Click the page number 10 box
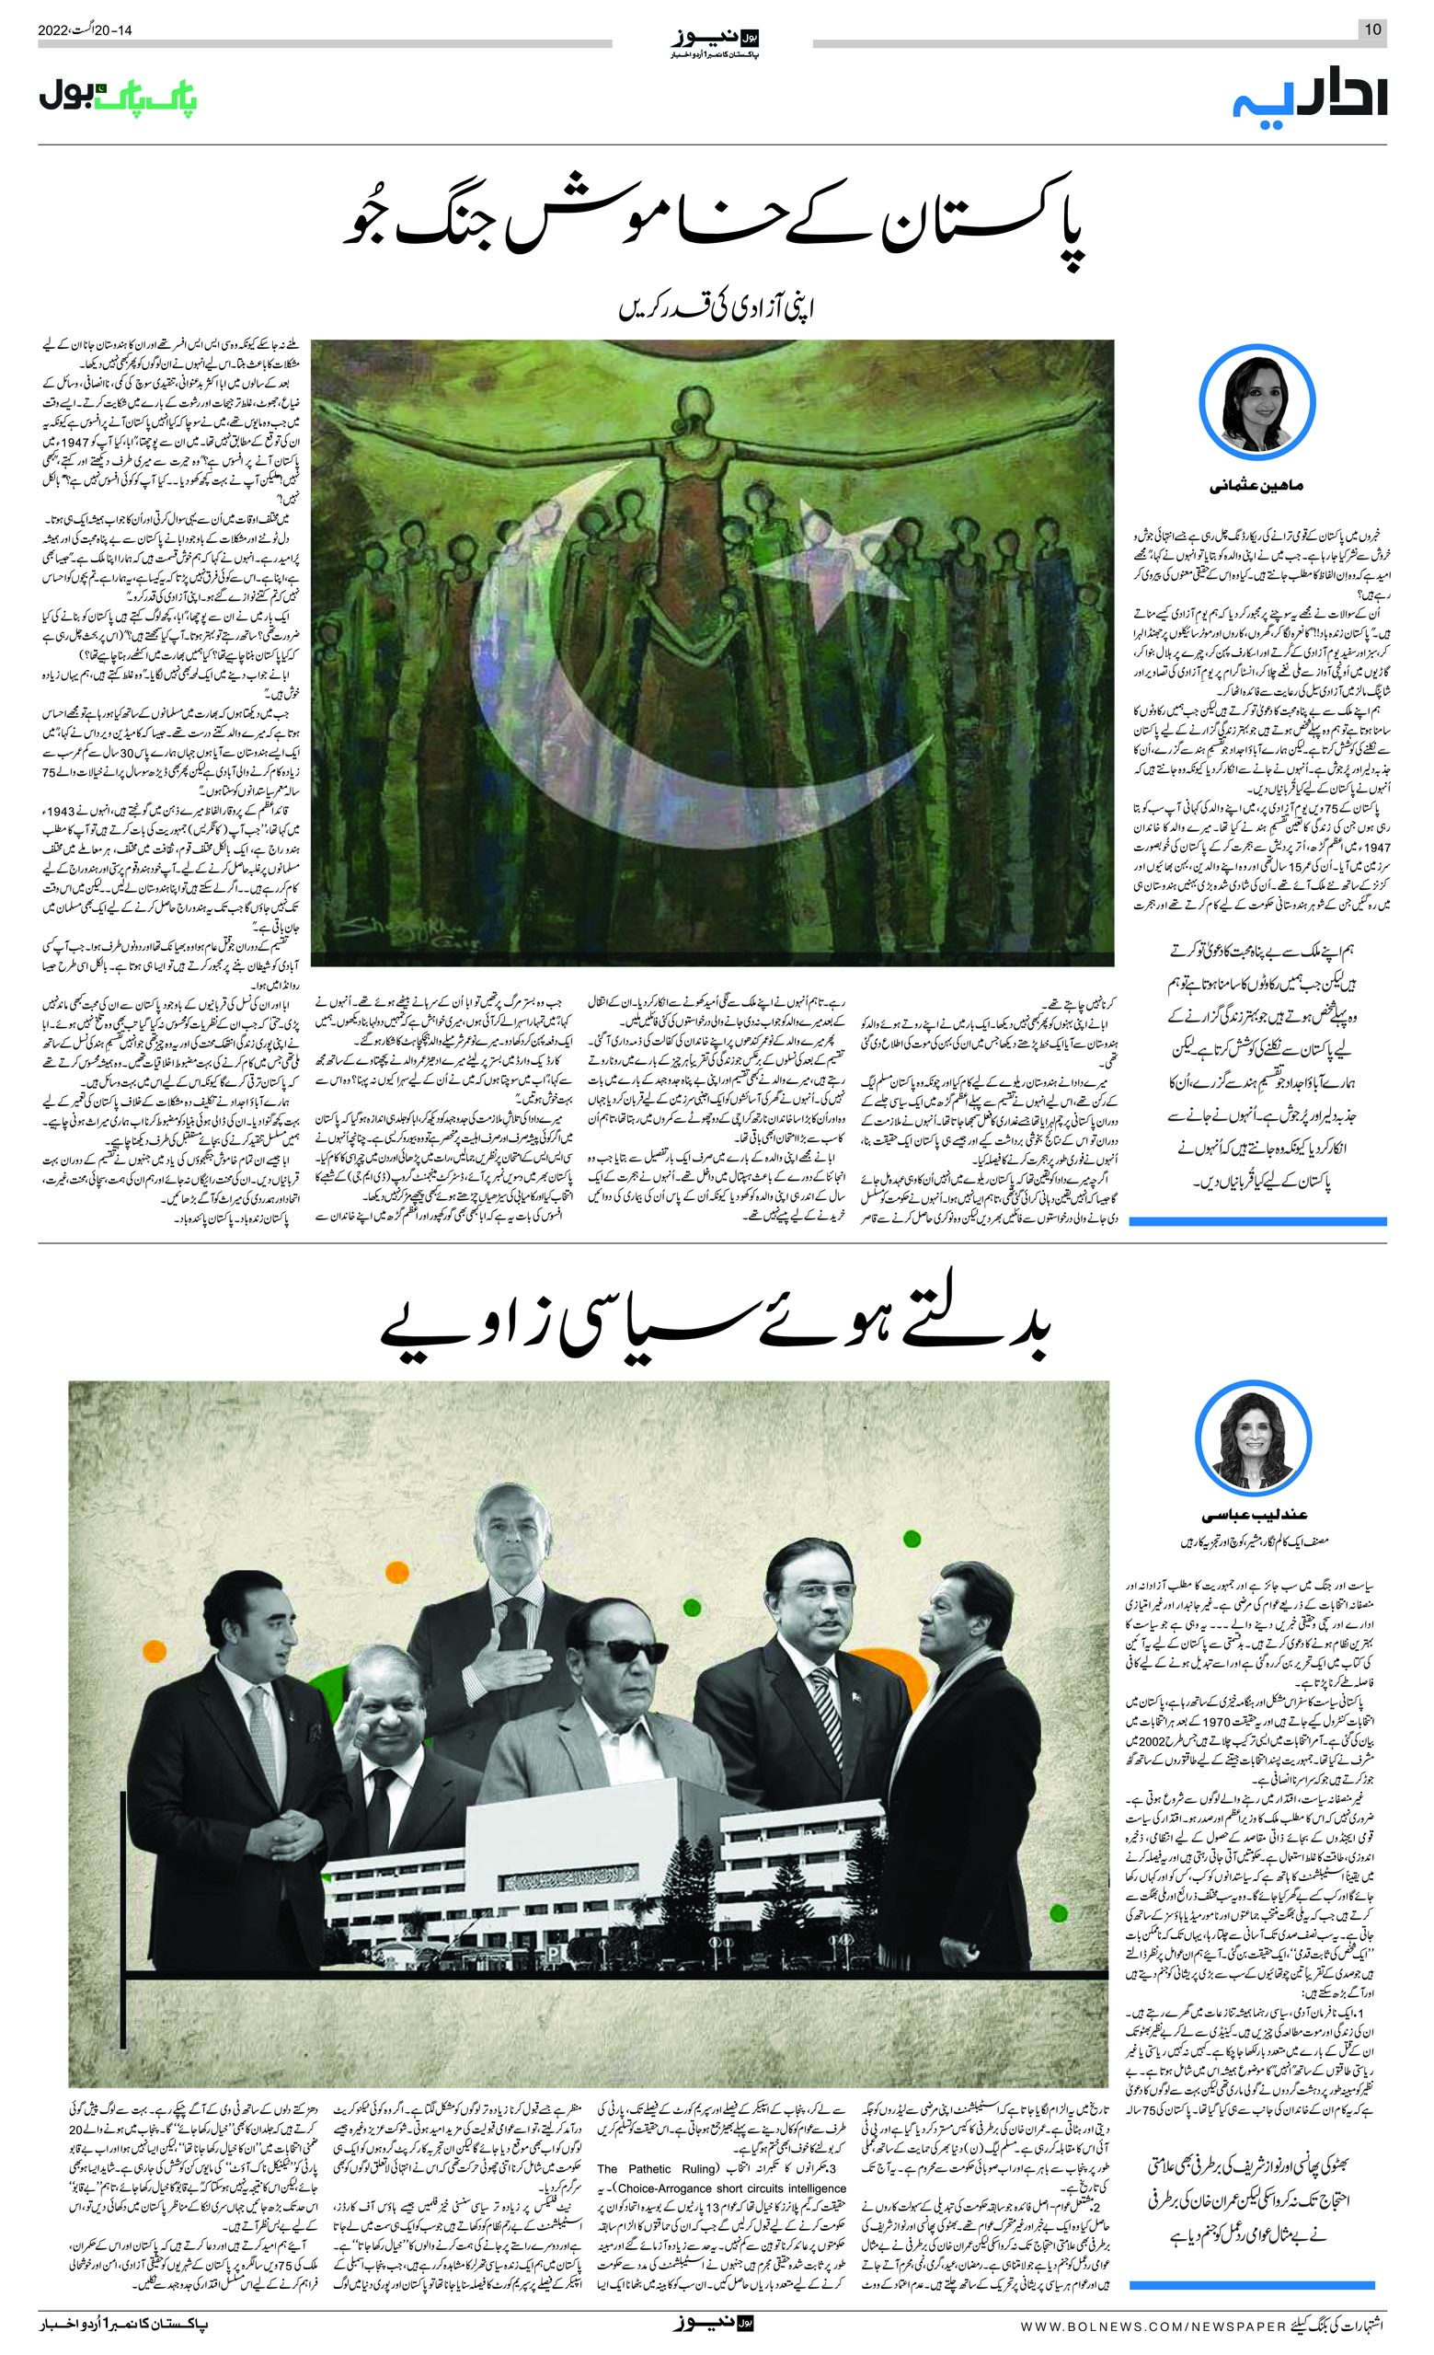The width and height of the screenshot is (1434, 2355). pos(1371,29)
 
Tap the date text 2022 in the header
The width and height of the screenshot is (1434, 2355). pos(55,29)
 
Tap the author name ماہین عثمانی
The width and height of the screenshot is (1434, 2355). pos(1261,488)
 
